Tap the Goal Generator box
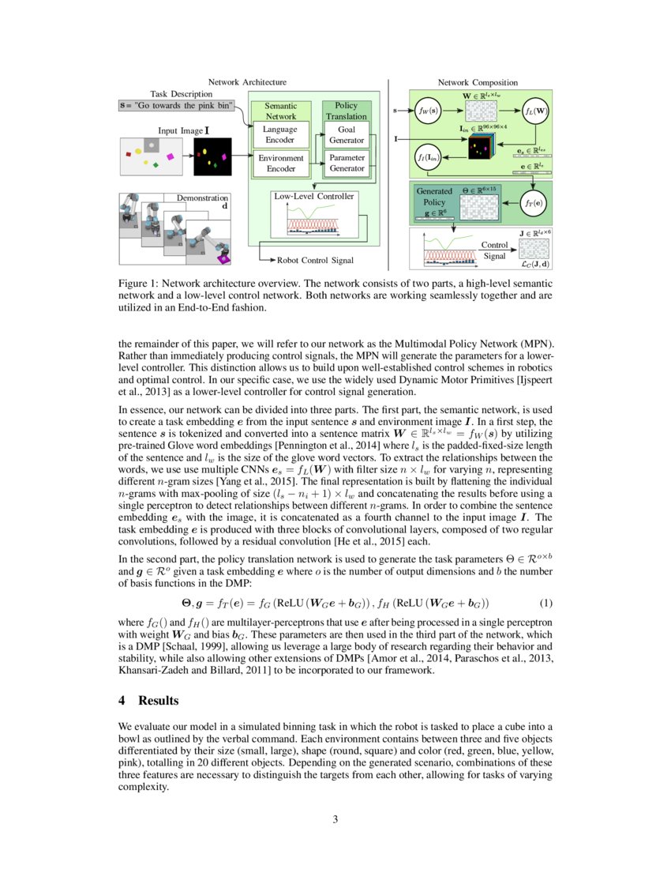click(347, 134)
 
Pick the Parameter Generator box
click(347, 164)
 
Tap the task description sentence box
click(177, 104)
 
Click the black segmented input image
click(212, 156)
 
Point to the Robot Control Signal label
click(314, 259)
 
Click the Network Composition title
click(478, 82)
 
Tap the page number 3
click(335, 819)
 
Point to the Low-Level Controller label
click(313, 195)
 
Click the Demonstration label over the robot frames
click(202, 198)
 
